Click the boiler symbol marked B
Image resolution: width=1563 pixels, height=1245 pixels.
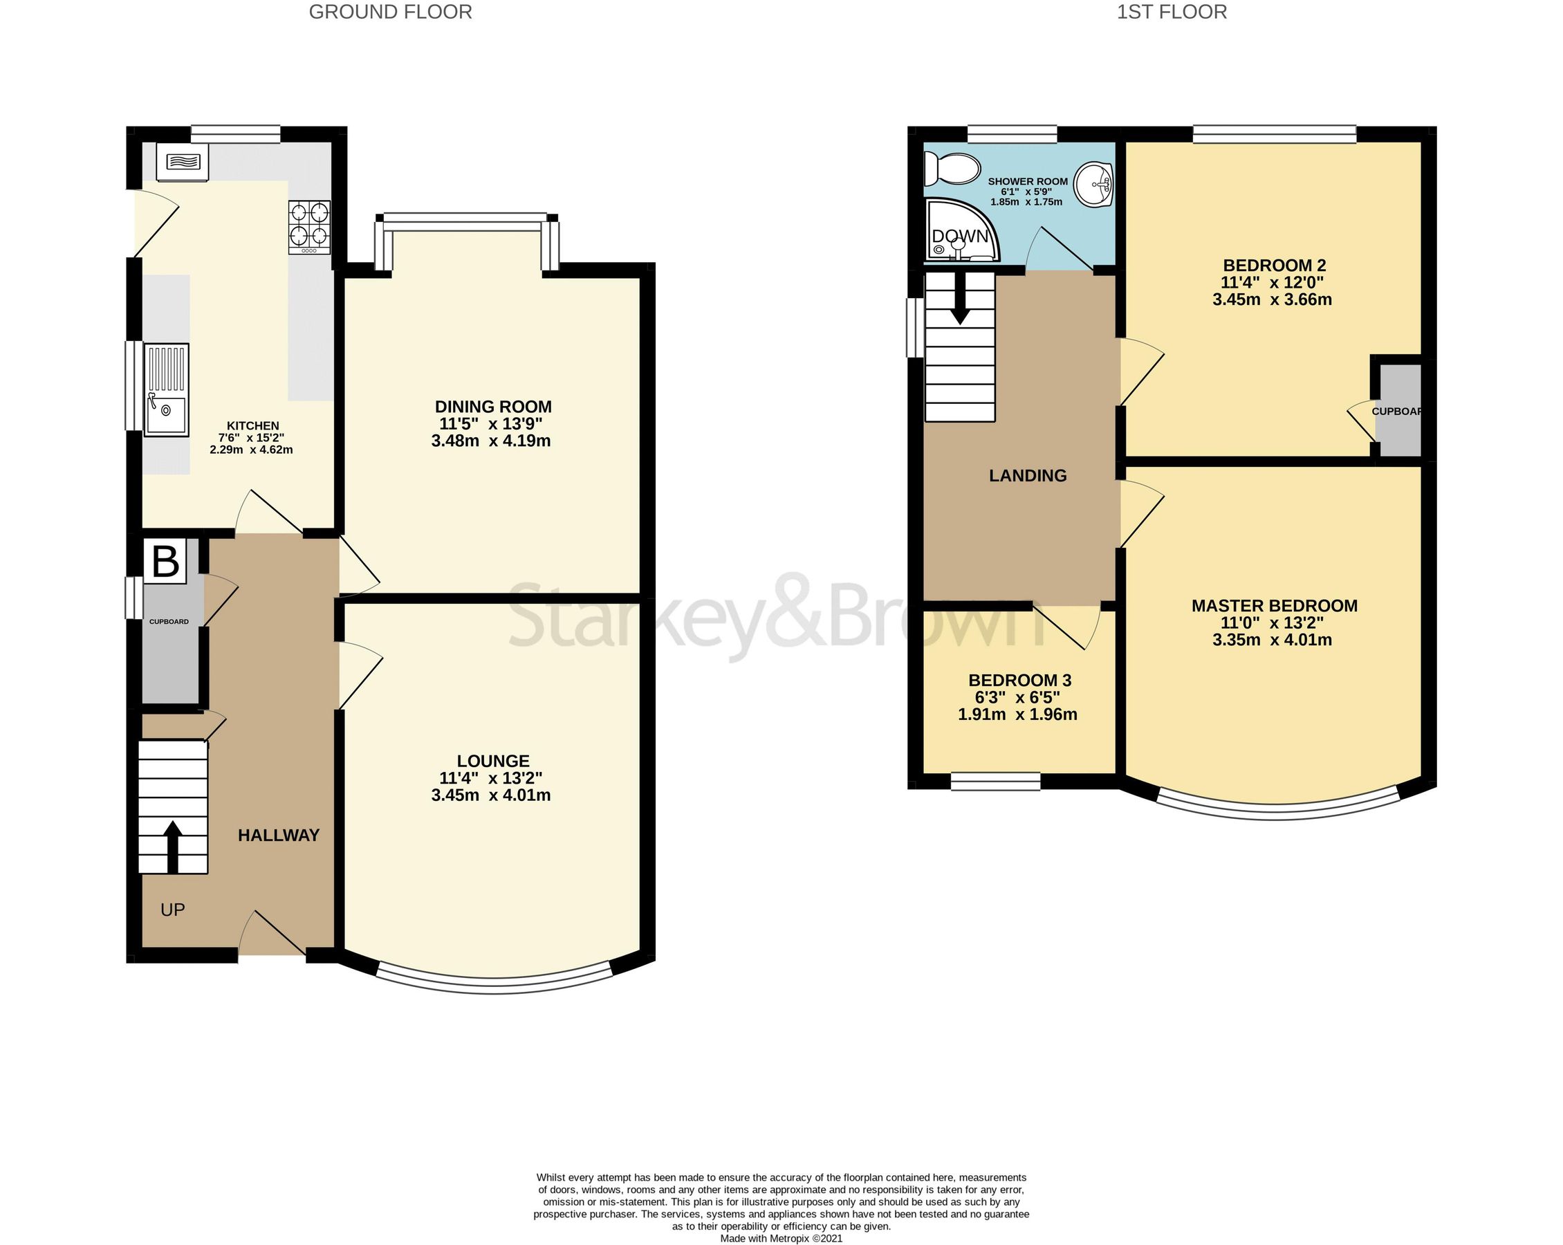tap(166, 561)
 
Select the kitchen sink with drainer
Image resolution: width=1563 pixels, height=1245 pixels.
tap(167, 390)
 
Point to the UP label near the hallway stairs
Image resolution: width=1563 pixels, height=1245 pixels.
tap(172, 910)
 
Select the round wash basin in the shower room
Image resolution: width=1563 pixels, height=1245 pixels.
tap(1093, 184)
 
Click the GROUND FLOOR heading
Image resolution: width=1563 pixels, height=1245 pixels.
tap(390, 12)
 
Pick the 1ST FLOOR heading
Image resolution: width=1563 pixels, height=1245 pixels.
tap(1172, 12)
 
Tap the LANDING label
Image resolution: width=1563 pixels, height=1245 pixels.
tap(1027, 476)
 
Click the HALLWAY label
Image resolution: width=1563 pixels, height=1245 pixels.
tap(279, 836)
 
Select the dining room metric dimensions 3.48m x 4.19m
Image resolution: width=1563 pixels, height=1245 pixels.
tap(491, 441)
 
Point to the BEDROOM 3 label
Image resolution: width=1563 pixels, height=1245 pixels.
tap(1019, 680)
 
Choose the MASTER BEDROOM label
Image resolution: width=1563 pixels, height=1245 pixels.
tap(1274, 605)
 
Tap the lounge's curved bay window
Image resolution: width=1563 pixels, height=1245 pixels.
tap(494, 985)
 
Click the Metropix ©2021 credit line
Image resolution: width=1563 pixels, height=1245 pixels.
tap(781, 1239)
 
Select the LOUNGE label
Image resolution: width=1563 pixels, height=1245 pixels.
tap(493, 761)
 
